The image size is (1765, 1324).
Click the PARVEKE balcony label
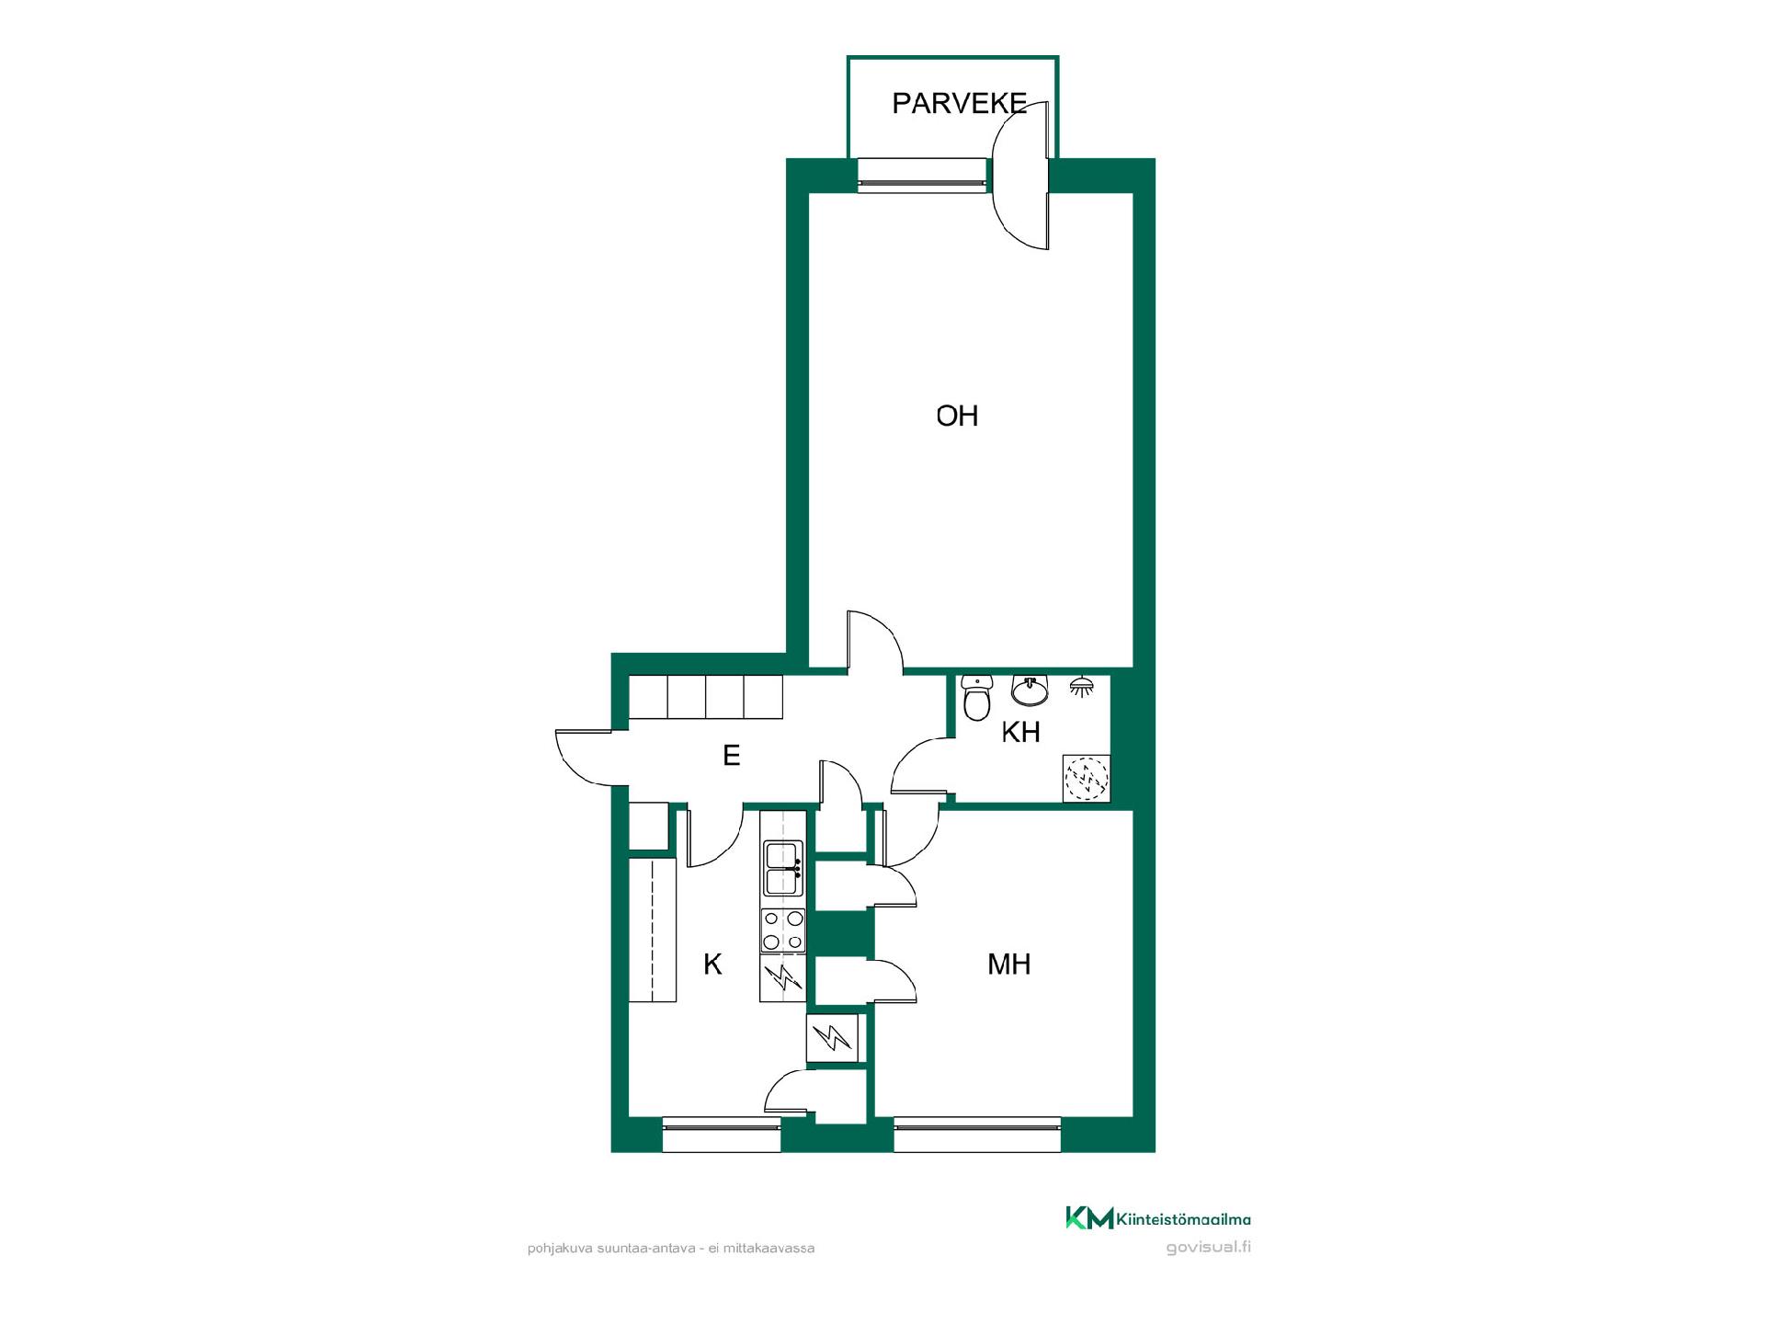pyautogui.click(x=959, y=103)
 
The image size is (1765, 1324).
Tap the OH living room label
pyautogui.click(x=957, y=416)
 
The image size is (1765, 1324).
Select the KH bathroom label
pyautogui.click(x=1020, y=732)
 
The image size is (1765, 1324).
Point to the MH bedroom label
pyautogui.click(x=1008, y=964)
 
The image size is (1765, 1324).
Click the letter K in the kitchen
pyautogui.click(x=712, y=964)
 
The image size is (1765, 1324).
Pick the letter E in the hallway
pyautogui.click(x=732, y=755)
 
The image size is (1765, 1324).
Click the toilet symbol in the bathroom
pyautogui.click(x=975, y=698)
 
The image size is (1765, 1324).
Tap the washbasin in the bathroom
pyautogui.click(x=1030, y=690)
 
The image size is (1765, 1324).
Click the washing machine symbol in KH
pyautogui.click(x=1087, y=779)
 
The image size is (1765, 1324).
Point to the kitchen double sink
pyautogui.click(x=783, y=868)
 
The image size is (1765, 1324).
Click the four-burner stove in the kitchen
pyautogui.click(x=783, y=930)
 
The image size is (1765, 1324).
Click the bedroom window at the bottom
pyautogui.click(x=977, y=1135)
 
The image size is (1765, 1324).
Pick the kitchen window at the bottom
pyautogui.click(x=721, y=1135)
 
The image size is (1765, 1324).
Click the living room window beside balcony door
pyautogui.click(x=922, y=176)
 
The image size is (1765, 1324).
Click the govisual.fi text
pyautogui.click(x=1208, y=1248)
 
